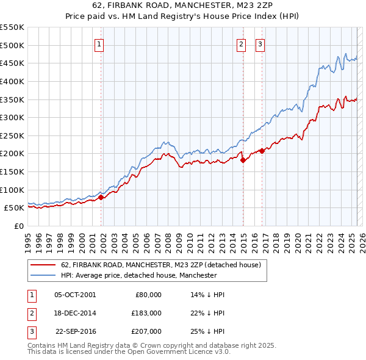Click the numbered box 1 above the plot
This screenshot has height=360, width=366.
coord(99,43)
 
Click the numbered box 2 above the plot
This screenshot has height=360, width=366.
coord(242,43)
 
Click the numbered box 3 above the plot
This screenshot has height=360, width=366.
coord(260,43)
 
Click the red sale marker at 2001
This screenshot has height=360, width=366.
coord(101,197)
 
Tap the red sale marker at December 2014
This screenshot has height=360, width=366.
coord(243,160)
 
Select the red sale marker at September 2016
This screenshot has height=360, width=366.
coord(262,151)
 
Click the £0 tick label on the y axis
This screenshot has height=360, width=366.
coord(18,226)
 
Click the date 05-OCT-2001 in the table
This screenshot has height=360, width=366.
coord(75,294)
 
